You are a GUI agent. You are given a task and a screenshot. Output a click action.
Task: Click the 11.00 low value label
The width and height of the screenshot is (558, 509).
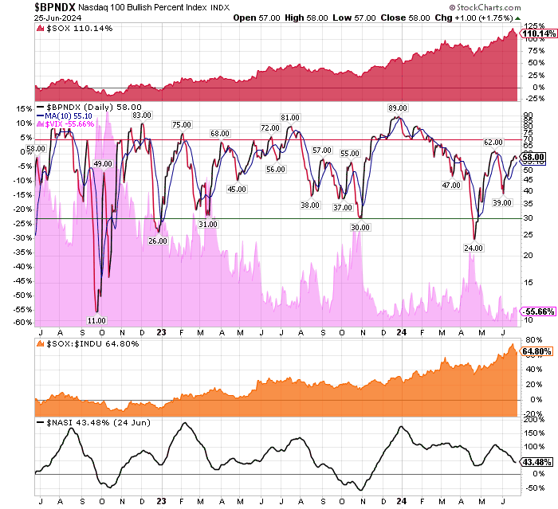pyautogui.click(x=96, y=320)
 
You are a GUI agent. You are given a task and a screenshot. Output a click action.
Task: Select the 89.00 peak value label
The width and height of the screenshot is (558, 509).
pyautogui.click(x=397, y=108)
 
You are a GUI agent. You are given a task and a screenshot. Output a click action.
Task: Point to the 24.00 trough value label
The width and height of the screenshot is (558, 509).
pyautogui.click(x=474, y=249)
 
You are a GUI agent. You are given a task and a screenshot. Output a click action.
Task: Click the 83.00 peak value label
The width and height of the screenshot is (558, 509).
pyautogui.click(x=141, y=116)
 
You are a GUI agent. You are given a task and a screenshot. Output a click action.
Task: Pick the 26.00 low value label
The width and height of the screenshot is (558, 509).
pyautogui.click(x=158, y=241)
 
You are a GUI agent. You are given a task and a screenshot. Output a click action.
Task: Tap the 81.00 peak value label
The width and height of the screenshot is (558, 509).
pyautogui.click(x=289, y=118)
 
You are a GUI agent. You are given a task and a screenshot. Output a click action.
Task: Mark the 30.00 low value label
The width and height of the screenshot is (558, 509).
pyautogui.click(x=360, y=227)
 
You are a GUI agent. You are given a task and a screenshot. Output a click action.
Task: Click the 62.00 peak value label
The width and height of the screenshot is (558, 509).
pyautogui.click(x=493, y=142)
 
